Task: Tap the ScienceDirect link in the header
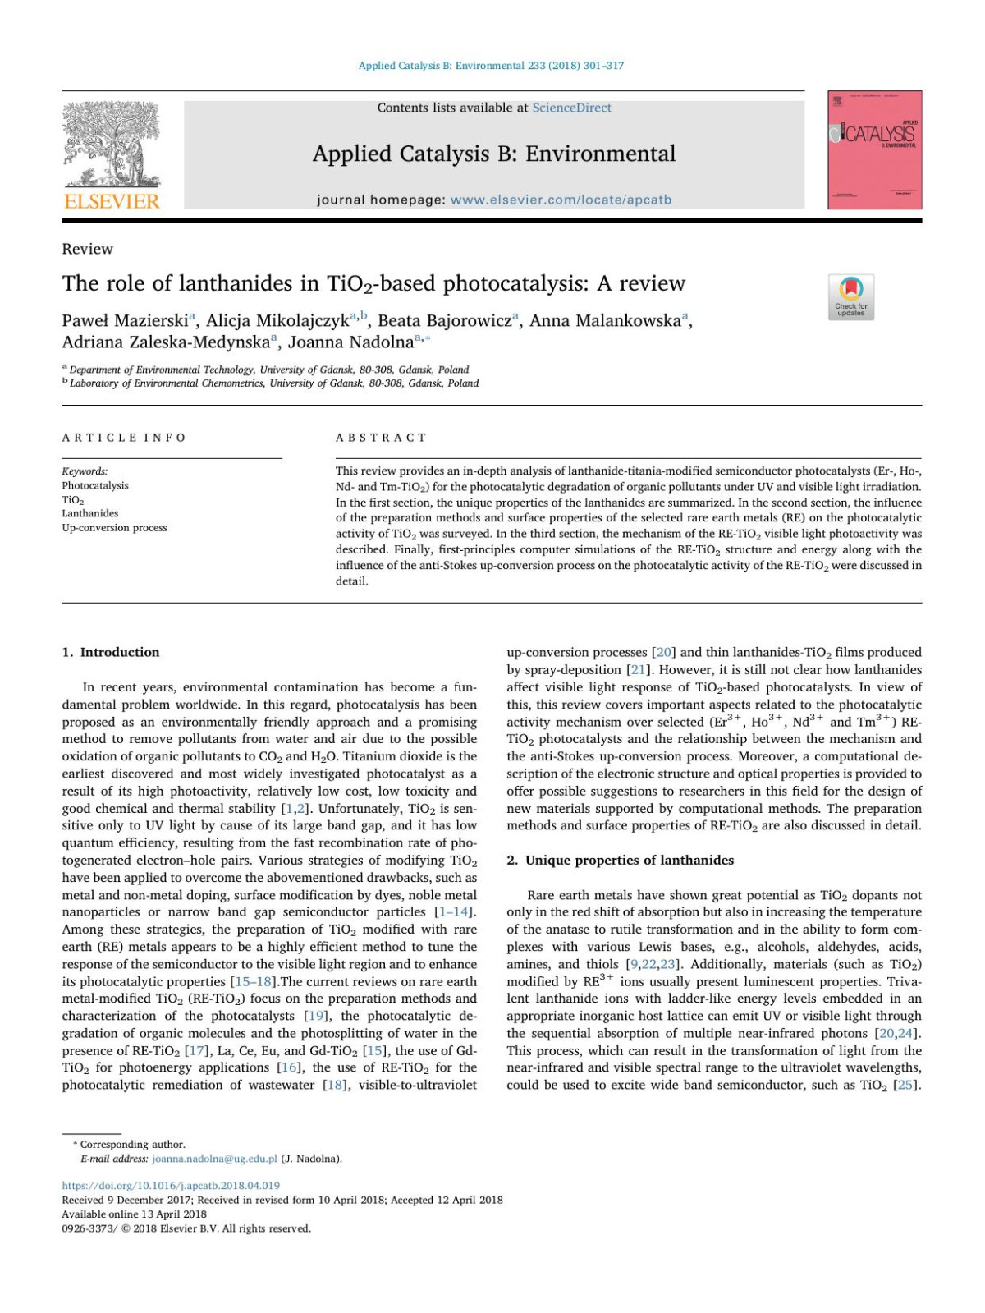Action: [571, 108]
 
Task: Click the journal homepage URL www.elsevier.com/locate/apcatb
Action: [561, 200]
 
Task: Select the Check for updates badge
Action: [850, 296]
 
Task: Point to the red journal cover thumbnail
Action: [874, 149]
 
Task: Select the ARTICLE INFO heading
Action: [124, 438]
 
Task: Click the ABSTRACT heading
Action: [381, 438]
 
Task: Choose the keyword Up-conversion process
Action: [114, 527]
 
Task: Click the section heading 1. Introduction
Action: [111, 652]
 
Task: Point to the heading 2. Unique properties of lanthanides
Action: [620, 860]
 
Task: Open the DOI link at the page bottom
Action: [171, 1185]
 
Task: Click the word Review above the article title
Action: [87, 249]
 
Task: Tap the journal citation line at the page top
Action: [491, 66]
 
